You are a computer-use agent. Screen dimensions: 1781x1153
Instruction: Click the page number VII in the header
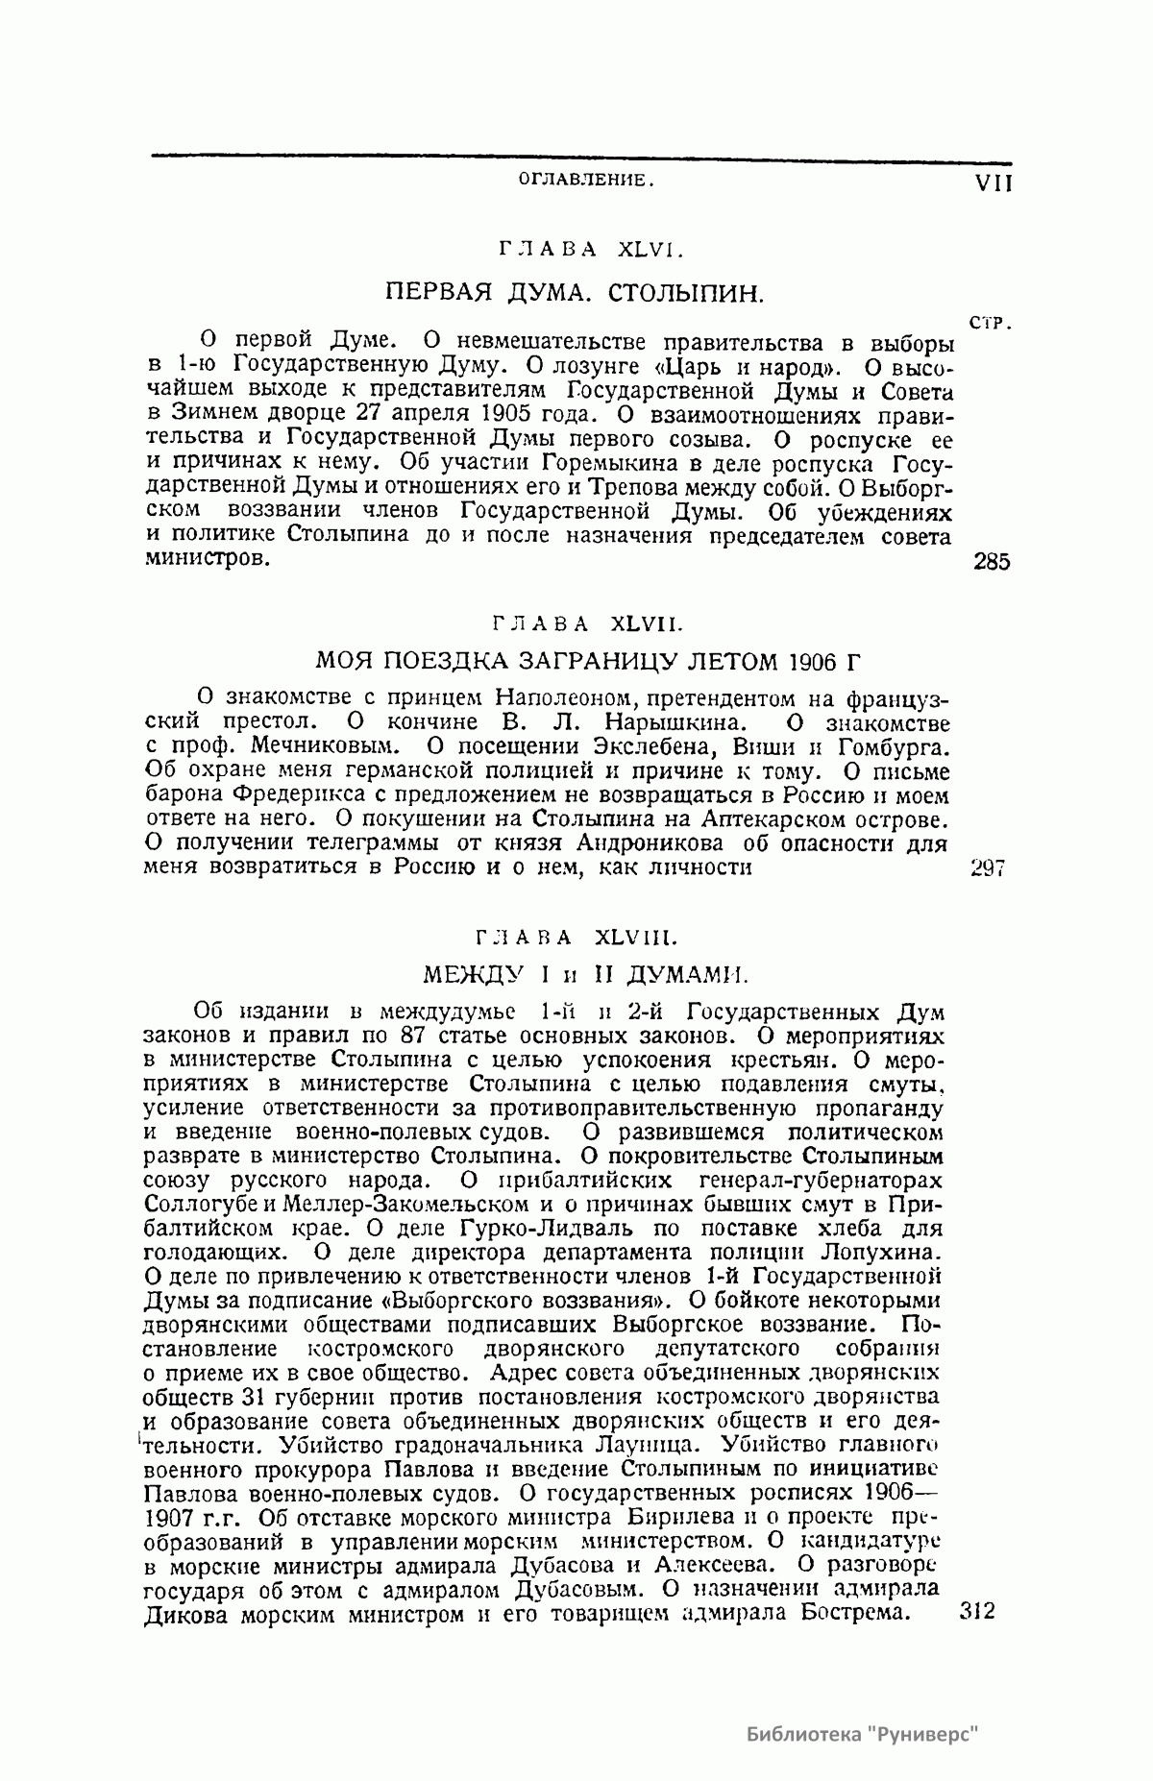(x=993, y=183)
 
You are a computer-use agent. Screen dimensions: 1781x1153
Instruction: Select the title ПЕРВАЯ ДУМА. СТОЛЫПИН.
(x=576, y=292)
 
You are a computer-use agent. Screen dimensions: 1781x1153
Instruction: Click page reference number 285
(x=991, y=563)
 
